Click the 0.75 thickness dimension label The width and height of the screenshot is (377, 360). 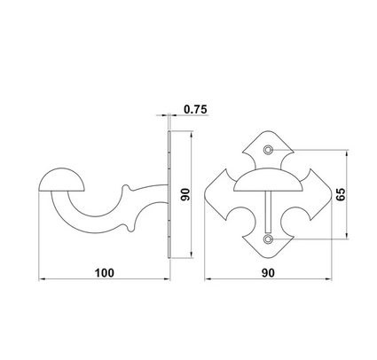(195, 109)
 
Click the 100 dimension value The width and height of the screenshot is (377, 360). (104, 273)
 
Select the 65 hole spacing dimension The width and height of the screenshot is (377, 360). (341, 194)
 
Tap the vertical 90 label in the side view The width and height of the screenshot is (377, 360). (185, 194)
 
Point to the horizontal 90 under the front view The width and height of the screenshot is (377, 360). (268, 273)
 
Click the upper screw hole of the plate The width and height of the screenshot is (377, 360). (268, 150)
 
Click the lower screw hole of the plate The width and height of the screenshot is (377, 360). (268, 239)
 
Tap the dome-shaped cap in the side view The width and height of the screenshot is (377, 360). (62, 180)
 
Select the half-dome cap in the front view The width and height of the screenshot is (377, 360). (268, 180)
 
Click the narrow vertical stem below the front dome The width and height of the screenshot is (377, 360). (268, 212)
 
